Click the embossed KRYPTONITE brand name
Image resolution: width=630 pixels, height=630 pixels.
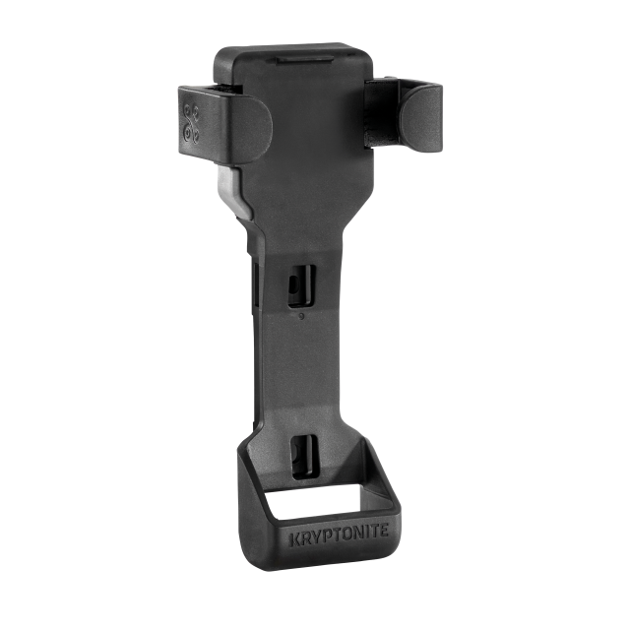point(339,535)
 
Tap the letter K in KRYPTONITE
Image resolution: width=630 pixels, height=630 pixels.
point(295,540)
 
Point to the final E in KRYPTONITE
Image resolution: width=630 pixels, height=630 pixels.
point(384,531)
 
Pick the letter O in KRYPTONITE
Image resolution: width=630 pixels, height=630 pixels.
point(347,534)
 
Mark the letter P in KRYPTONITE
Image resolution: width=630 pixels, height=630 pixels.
point(328,535)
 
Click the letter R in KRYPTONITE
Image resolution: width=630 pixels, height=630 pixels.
point(306,538)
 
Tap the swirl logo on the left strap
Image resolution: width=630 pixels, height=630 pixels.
point(190,124)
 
